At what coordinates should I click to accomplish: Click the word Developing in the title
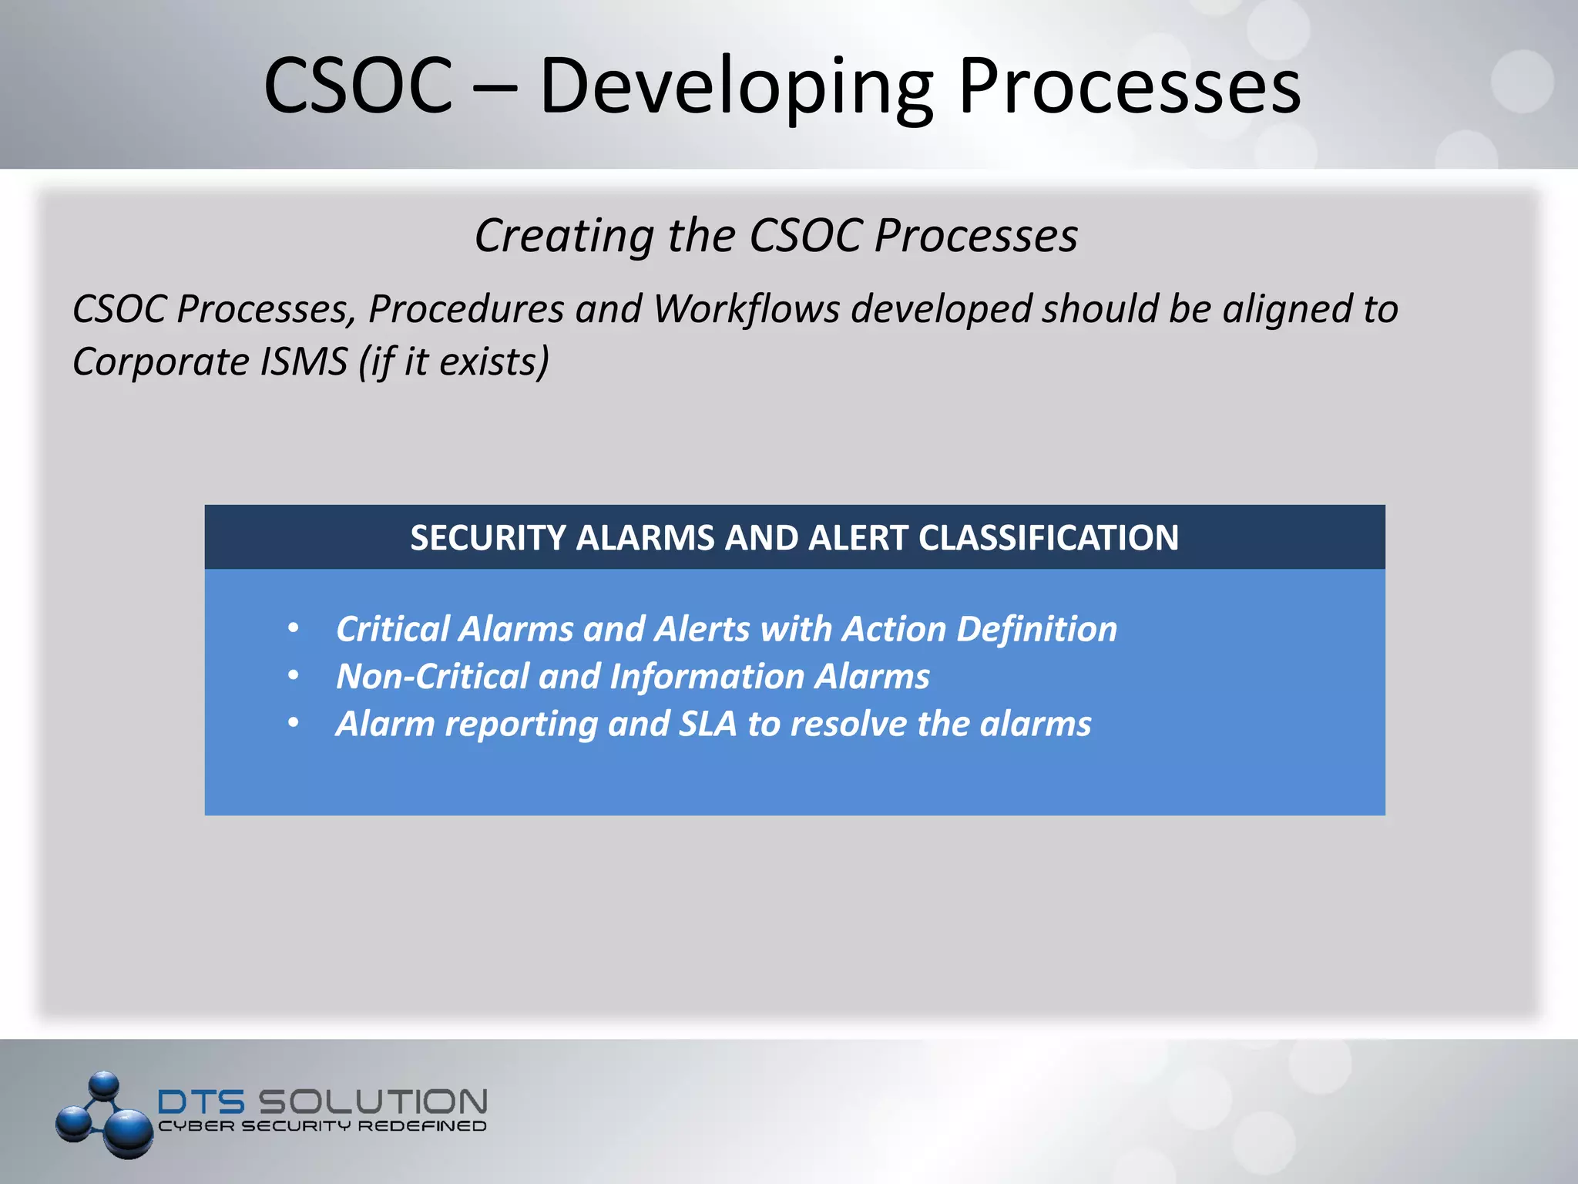click(x=736, y=86)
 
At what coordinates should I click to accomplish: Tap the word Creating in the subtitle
click(x=564, y=235)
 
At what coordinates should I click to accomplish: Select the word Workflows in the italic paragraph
click(x=747, y=309)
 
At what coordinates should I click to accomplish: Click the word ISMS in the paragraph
click(x=304, y=362)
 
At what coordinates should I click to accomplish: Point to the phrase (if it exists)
click(x=454, y=362)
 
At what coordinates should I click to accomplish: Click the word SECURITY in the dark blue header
click(x=487, y=538)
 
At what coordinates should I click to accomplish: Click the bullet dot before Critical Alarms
click(x=294, y=629)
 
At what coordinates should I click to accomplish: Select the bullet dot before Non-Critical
click(x=294, y=676)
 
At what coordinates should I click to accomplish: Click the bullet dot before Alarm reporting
click(x=294, y=723)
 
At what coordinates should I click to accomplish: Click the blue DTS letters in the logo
click(x=201, y=1102)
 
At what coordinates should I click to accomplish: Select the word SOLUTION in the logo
click(x=372, y=1102)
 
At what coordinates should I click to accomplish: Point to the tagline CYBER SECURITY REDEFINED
click(x=322, y=1126)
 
